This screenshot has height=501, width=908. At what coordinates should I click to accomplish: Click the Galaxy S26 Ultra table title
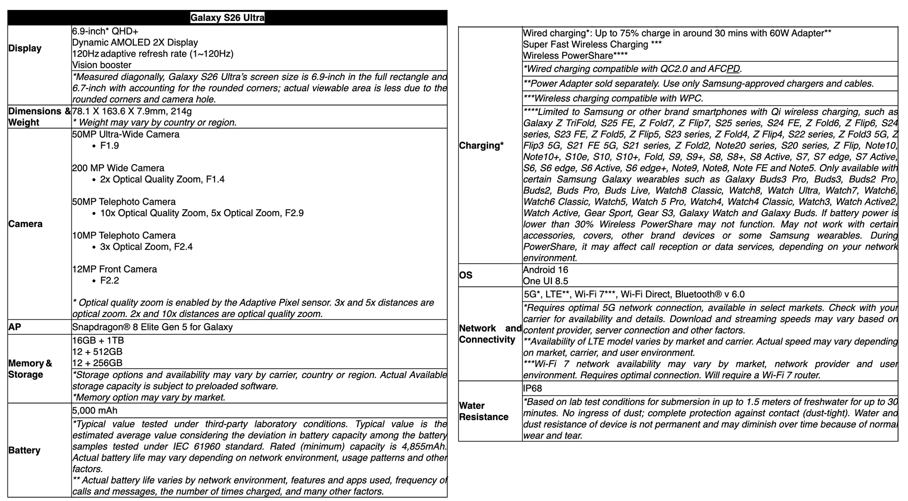(x=227, y=18)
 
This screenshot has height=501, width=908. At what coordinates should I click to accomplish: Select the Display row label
(x=25, y=48)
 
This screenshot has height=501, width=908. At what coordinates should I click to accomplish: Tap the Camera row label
(x=26, y=224)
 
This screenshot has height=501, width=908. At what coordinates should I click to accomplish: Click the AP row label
(x=15, y=327)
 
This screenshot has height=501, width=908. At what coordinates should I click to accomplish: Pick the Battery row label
(x=24, y=450)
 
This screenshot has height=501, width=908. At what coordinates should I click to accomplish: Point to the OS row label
(x=466, y=275)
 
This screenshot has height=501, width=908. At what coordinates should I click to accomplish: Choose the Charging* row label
(x=481, y=146)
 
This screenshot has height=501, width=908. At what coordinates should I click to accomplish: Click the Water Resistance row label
(x=483, y=411)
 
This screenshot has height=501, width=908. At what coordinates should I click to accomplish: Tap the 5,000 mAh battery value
(x=95, y=411)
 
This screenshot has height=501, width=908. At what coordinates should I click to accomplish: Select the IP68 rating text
(x=533, y=388)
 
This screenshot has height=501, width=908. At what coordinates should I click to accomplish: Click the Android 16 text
(x=545, y=270)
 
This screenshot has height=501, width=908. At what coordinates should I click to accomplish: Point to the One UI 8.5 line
(x=545, y=281)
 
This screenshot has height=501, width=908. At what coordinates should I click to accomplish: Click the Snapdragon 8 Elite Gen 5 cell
(x=152, y=327)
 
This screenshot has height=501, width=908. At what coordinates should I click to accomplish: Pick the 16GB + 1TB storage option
(x=98, y=341)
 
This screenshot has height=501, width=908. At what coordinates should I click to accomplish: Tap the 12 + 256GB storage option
(x=97, y=363)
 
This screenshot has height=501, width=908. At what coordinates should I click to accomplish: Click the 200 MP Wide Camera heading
(x=118, y=168)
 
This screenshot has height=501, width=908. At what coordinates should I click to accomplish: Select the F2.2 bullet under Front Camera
(x=110, y=281)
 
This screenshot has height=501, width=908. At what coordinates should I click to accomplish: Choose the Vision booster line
(x=102, y=65)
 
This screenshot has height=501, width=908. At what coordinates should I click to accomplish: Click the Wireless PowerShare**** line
(x=575, y=56)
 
